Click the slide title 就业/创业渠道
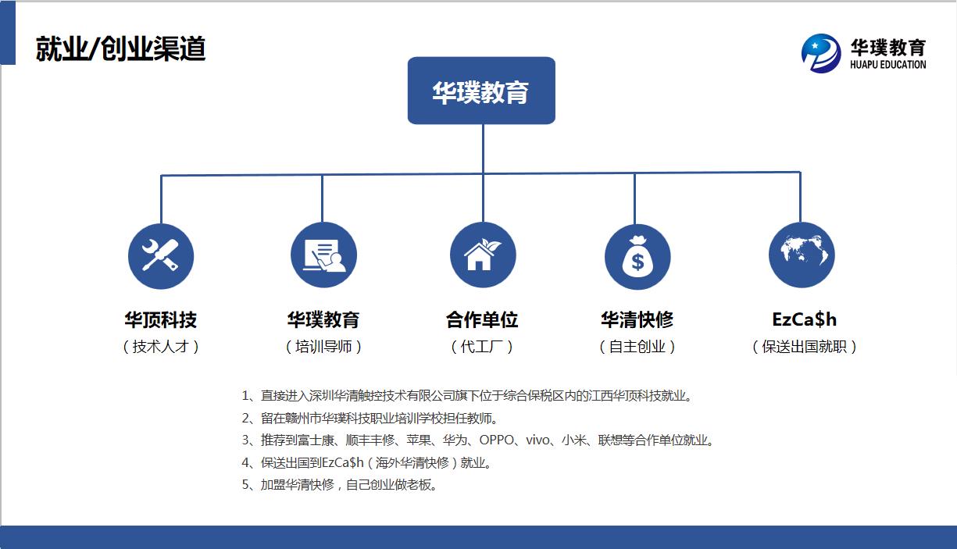pos(120,48)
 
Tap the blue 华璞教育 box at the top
pos(481,91)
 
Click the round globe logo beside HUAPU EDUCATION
pos(821,53)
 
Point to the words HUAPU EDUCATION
pos(887,65)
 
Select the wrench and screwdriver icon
pos(161,256)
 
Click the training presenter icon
pos(323,255)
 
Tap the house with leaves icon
pos(483,255)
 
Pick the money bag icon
pos(637,257)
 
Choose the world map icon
pos(802,255)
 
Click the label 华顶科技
pos(161,319)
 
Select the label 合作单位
pos(482,319)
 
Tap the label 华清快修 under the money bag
pos(637,319)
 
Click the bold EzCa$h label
pos(804,319)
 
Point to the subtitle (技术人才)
pos(161,347)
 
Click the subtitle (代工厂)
pos(482,347)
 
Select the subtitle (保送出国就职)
pos(804,347)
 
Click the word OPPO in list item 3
pos(496,440)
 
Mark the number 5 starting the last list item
pos(245,484)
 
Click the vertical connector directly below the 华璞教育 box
pos(483,148)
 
